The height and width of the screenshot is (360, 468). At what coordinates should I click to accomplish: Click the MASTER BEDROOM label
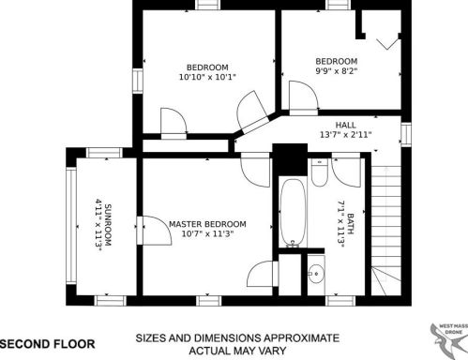click(x=207, y=224)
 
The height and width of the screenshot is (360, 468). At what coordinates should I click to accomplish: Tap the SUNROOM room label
click(x=108, y=225)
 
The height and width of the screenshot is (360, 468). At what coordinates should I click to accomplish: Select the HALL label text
click(x=345, y=126)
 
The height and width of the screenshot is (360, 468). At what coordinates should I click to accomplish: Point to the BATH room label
click(x=351, y=224)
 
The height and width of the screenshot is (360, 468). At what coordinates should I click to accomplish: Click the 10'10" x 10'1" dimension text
click(x=207, y=77)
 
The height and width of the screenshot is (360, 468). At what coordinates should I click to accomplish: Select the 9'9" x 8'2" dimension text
click(x=337, y=71)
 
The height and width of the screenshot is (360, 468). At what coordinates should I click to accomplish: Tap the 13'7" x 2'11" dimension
click(x=345, y=135)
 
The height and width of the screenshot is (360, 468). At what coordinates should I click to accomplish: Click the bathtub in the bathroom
click(x=293, y=213)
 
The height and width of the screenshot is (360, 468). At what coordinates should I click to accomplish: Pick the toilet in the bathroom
click(x=320, y=172)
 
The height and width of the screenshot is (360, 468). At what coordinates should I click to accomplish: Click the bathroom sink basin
click(x=316, y=274)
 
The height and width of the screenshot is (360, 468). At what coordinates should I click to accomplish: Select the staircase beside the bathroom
click(x=386, y=231)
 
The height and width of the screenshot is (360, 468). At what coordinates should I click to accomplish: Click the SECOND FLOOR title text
click(x=48, y=344)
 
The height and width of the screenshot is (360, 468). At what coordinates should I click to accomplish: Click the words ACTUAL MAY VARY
click(x=237, y=351)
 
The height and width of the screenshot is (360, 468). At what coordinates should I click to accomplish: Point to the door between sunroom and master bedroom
click(x=154, y=230)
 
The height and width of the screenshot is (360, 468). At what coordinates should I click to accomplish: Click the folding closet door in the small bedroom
click(x=388, y=43)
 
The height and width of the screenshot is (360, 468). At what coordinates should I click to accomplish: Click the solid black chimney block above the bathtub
click(x=290, y=159)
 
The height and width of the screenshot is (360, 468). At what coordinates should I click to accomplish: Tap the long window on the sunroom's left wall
click(x=71, y=226)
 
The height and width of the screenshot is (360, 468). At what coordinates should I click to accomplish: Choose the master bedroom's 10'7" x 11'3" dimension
click(x=207, y=233)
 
